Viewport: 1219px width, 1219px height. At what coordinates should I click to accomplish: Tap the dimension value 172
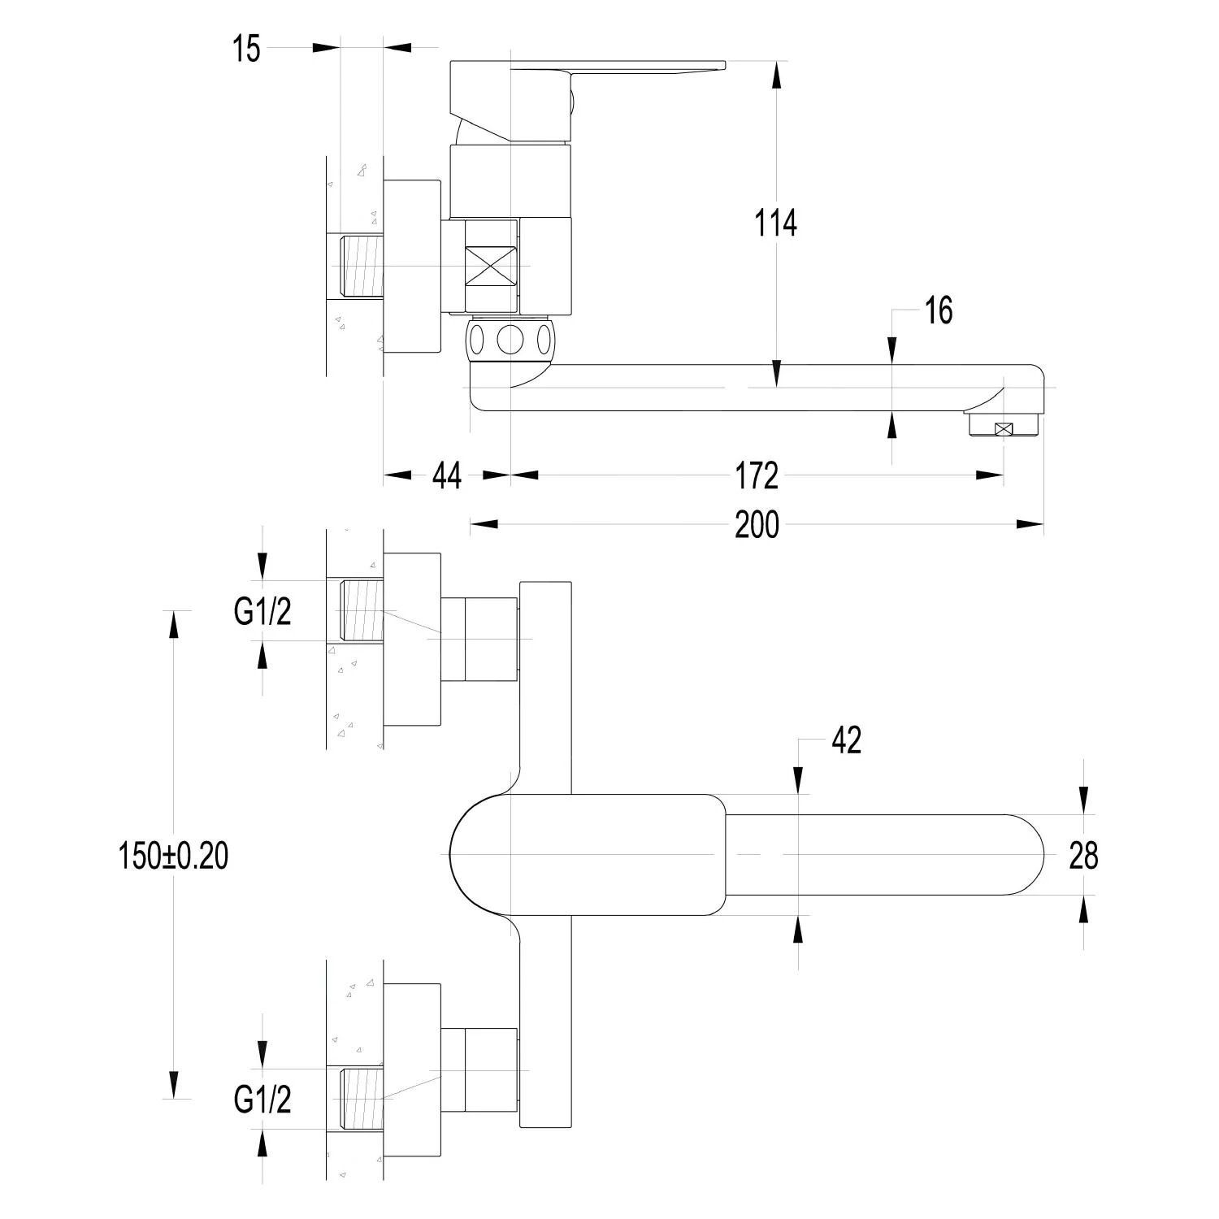pyautogui.click(x=757, y=476)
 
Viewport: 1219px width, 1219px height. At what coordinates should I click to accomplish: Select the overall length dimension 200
pyautogui.click(x=757, y=525)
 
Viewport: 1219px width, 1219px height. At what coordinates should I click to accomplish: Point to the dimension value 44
pyautogui.click(x=446, y=476)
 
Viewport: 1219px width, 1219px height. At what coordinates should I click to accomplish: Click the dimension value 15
pyautogui.click(x=246, y=50)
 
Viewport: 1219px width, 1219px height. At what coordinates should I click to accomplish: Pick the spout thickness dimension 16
pyautogui.click(x=939, y=310)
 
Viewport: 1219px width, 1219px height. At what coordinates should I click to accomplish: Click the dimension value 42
pyautogui.click(x=846, y=740)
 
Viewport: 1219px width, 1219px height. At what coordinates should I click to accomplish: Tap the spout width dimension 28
pyautogui.click(x=1083, y=856)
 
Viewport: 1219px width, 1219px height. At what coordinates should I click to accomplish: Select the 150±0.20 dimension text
pyautogui.click(x=174, y=856)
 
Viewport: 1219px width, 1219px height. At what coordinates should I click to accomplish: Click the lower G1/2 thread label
pyautogui.click(x=262, y=1100)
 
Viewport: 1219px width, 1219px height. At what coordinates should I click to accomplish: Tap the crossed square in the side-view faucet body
pyautogui.click(x=491, y=266)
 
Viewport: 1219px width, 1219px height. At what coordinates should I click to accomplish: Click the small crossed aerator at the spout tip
pyautogui.click(x=1005, y=429)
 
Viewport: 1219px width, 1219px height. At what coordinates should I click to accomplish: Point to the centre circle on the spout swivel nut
pyautogui.click(x=510, y=340)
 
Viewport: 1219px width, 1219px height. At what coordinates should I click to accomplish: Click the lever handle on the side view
pyautogui.click(x=618, y=67)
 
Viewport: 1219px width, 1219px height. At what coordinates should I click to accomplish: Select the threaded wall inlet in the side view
pyautogui.click(x=359, y=266)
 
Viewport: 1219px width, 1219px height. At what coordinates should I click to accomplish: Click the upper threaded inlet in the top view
pyautogui.click(x=361, y=610)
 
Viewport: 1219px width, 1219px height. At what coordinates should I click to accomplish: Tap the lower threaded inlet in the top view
pyautogui.click(x=361, y=1099)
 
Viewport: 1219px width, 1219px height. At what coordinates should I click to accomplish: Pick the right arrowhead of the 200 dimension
pyautogui.click(x=1032, y=525)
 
